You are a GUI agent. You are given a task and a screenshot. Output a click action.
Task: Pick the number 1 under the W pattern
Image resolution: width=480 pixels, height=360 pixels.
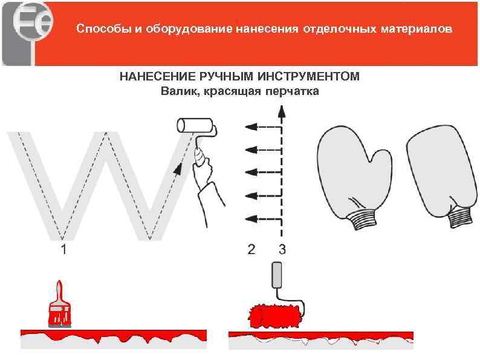[x=63, y=249]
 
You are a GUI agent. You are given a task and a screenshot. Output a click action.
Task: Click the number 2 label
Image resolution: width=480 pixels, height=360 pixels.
[x=251, y=249]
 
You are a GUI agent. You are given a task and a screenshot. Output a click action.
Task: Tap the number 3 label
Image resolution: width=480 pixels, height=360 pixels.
[x=282, y=249]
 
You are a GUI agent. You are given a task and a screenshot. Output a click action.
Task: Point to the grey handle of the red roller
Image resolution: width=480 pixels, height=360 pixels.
[x=277, y=275]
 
